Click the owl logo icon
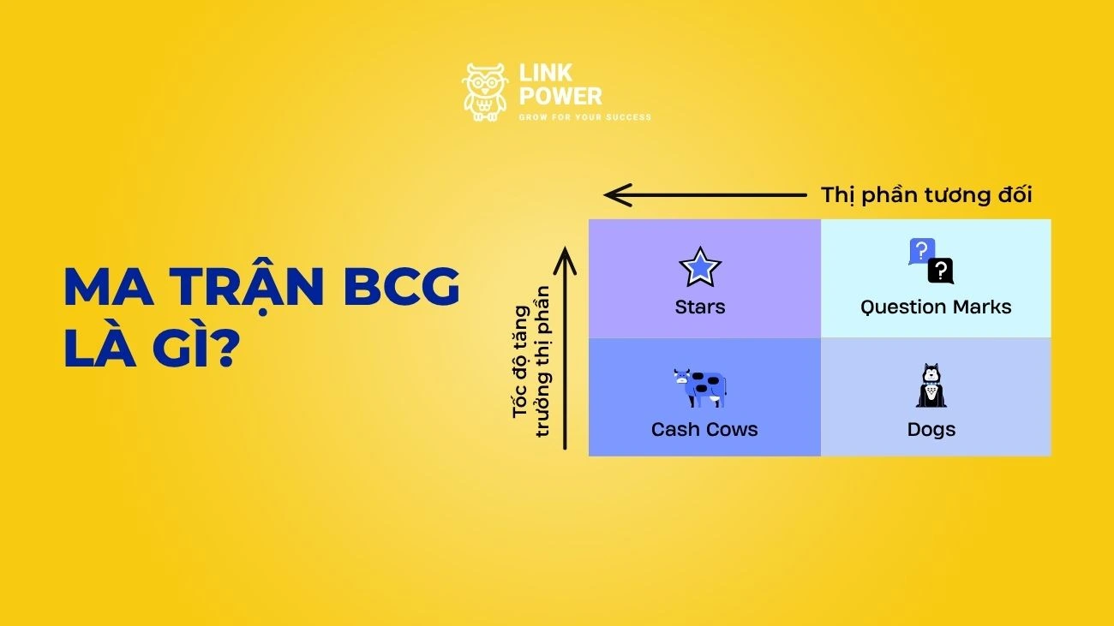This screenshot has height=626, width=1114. coord(485,91)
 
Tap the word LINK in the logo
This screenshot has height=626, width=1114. coord(545,75)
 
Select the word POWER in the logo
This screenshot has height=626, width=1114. coord(560,96)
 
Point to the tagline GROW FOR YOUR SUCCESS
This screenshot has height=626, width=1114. coord(585,117)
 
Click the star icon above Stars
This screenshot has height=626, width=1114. coord(700,267)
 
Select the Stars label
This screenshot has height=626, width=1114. coord(700,307)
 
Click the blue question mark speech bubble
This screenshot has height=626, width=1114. coord(921,251)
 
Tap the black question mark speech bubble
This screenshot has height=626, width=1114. coord(941,271)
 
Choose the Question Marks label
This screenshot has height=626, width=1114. coord(936,307)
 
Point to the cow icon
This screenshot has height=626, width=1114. coord(700,388)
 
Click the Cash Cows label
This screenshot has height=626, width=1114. coord(704,429)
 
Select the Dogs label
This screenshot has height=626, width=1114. coord(931,429)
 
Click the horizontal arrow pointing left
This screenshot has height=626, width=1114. coord(704,195)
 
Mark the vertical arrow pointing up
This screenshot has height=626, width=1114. coord(566,347)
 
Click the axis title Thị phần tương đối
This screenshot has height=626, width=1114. coord(926,195)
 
